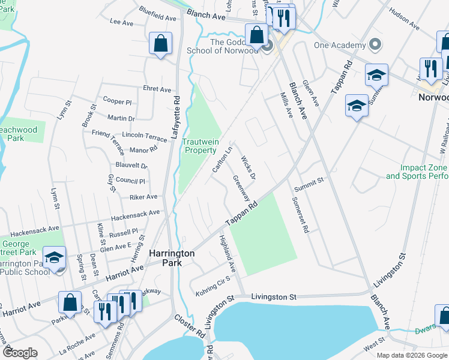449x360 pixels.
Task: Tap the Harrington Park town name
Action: point(172,258)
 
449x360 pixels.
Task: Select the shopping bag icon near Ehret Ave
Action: point(161,44)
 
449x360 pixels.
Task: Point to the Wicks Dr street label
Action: point(249,168)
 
